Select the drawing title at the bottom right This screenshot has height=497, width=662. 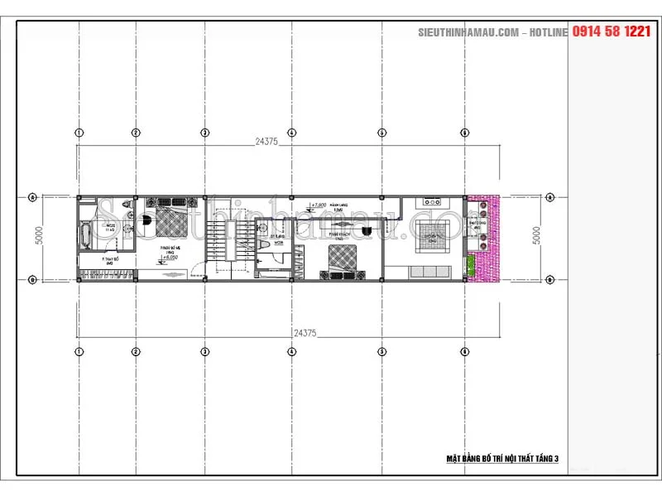tap(502, 457)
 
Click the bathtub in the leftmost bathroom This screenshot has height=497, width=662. tap(85, 232)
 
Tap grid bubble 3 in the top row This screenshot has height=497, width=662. tap(204, 133)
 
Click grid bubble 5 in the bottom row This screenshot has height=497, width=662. tap(381, 351)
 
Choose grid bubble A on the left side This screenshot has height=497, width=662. tap(32, 197)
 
